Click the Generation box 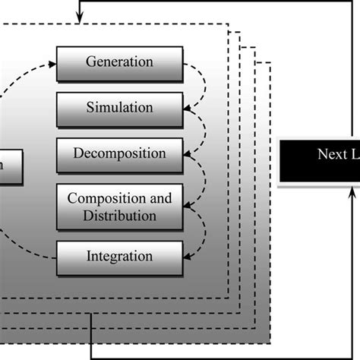coord(120,63)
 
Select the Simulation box coord(120,108)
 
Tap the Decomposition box coord(120,153)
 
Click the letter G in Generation coord(90,62)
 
